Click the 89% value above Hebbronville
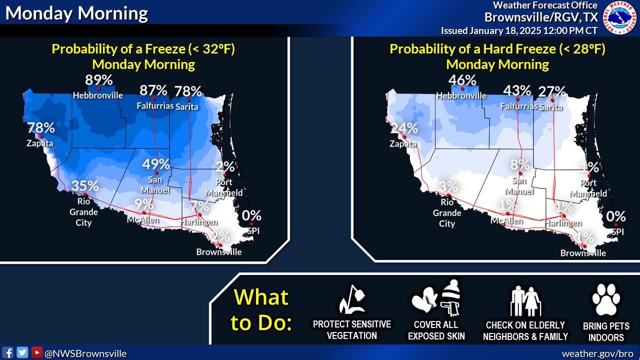[x=98, y=80]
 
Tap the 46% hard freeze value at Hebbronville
[x=462, y=80]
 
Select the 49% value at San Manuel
[x=156, y=164]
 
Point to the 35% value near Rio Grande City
[x=85, y=185]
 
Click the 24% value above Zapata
[x=404, y=128]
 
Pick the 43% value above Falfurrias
[x=517, y=90]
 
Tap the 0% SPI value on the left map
[x=251, y=215]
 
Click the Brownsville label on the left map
[x=219, y=252]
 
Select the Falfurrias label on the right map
[x=519, y=106]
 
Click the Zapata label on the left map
[x=40, y=143]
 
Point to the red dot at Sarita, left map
[x=188, y=99]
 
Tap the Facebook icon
[x=7, y=353]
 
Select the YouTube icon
[x=37, y=352]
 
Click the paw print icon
[x=606, y=299]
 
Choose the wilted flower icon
[x=352, y=299]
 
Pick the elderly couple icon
[x=525, y=301]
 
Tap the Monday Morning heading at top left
[x=76, y=13]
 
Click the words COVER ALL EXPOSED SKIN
[x=436, y=330]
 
